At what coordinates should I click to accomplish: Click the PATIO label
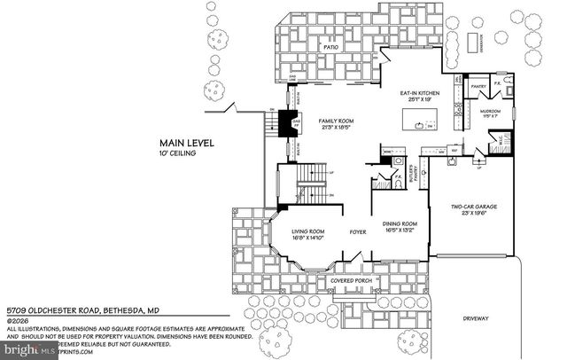331,46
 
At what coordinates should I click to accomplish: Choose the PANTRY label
478,86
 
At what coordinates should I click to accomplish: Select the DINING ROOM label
400,224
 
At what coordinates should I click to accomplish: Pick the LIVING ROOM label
310,232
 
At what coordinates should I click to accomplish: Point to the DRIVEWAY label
476,317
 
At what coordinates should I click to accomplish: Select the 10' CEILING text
178,153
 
